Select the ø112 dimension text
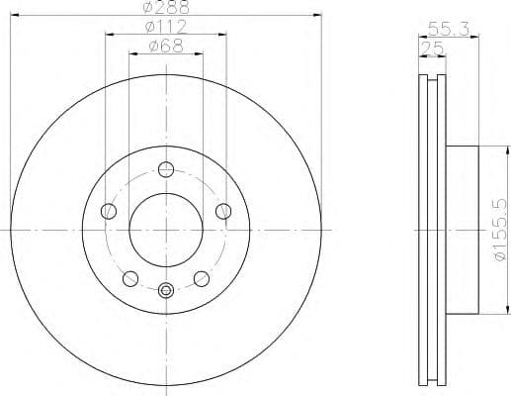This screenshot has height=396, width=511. pyautogui.click(x=166, y=27)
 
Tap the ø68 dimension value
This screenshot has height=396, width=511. pyautogui.click(x=166, y=46)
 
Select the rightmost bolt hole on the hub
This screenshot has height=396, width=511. pyautogui.click(x=222, y=210)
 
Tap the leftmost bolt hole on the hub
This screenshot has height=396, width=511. pyautogui.click(x=108, y=210)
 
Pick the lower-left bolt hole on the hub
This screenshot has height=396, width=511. pyautogui.click(x=129, y=277)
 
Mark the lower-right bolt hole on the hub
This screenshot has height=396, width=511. pyautogui.click(x=201, y=277)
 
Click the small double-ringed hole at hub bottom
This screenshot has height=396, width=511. pyautogui.click(x=165, y=290)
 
